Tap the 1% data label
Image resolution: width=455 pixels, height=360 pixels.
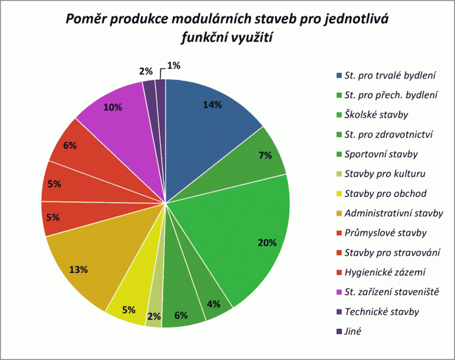coord(174,65)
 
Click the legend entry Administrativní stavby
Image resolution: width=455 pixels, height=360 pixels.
coord(394,212)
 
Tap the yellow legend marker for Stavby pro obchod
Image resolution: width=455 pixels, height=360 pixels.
coord(339,194)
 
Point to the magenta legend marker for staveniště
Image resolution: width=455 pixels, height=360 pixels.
coord(339,292)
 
